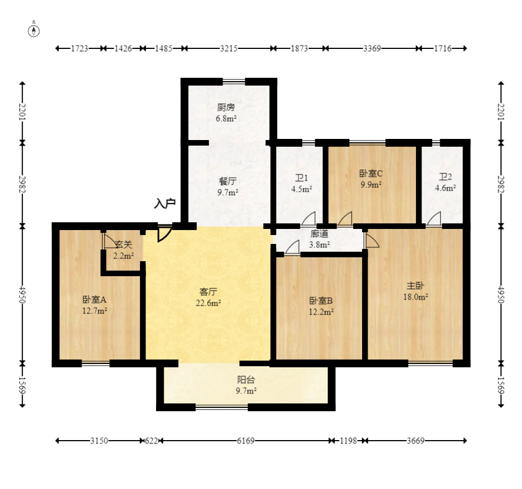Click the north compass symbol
coord(34,31)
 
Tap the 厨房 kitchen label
coord(226,107)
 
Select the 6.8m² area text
coord(226,118)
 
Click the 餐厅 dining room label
coord(228,181)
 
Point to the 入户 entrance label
coord(165,203)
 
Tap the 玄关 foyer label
coord(123,244)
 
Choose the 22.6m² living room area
coord(208,303)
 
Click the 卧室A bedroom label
coord(94,300)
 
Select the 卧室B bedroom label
coord(321,301)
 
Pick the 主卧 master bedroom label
coord(415,286)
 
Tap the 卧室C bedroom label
coord(371,173)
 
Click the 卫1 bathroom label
coord(302,178)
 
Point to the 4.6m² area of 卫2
coord(445,188)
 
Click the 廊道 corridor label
coord(319,234)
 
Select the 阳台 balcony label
coord(246,380)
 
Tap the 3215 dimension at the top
coord(229,49)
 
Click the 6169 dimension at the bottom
coord(245,441)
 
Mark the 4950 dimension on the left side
coord(22,295)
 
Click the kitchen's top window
coord(234,81)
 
